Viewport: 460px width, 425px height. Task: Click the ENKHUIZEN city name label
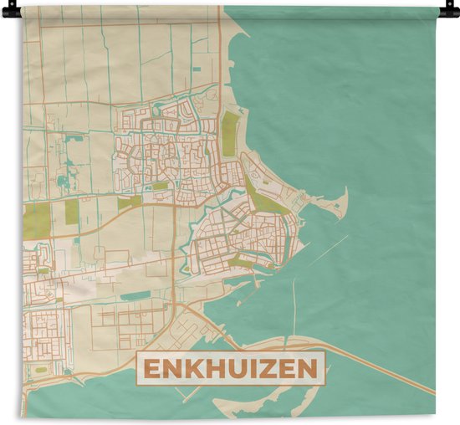point(230,369)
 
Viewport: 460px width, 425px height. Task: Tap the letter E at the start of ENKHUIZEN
point(151,369)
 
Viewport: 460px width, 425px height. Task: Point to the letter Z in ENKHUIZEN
point(267,369)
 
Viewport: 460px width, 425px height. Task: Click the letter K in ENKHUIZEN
point(193,369)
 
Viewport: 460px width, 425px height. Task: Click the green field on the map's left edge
point(35,215)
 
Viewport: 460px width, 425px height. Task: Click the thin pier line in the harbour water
point(294,301)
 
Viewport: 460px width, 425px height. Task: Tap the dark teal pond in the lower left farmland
point(134,295)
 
